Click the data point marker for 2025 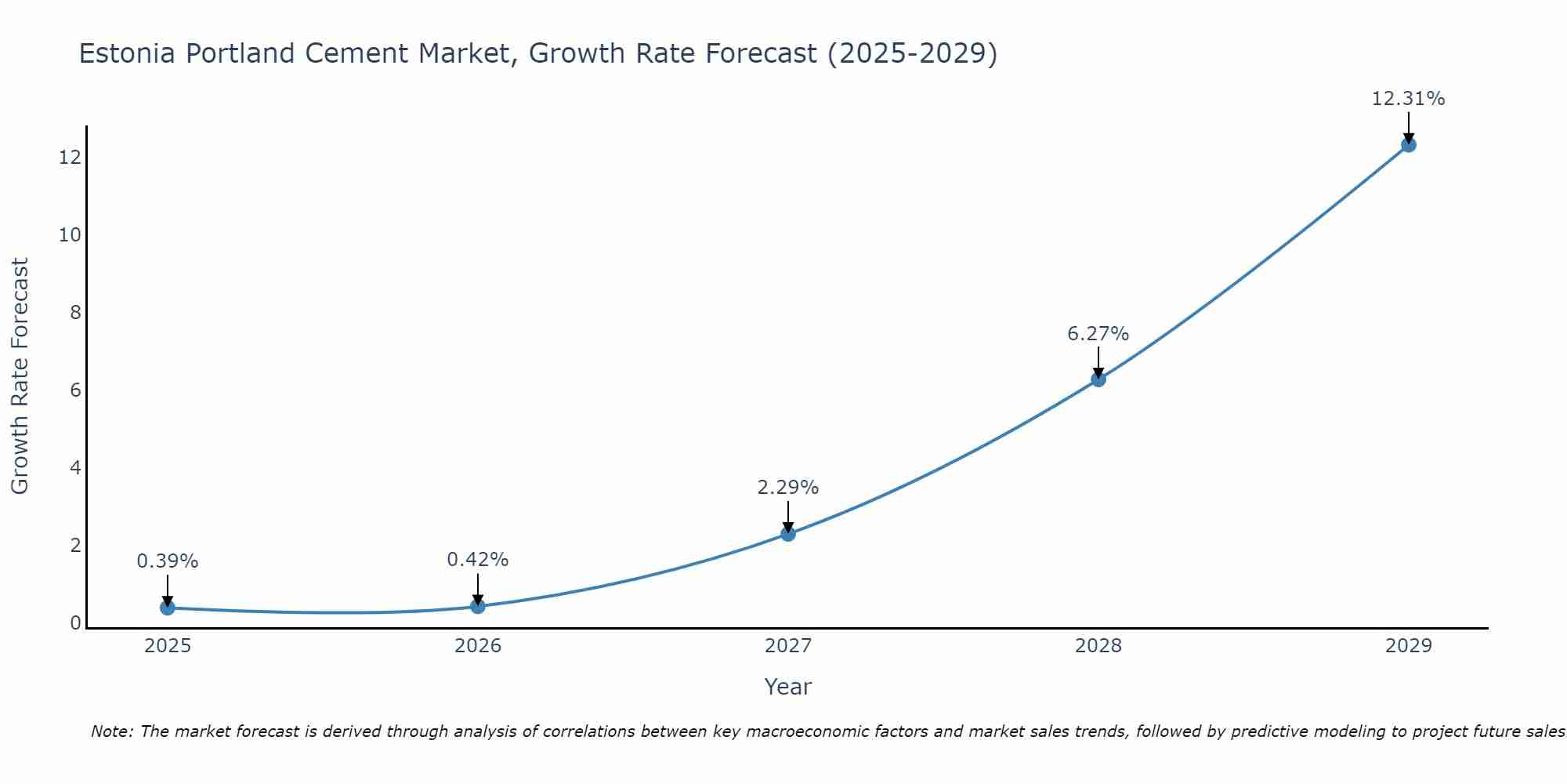(167, 608)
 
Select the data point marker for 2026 (478, 606)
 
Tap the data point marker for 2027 (788, 534)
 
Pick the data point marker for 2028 (1098, 379)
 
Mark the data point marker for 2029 (1409, 145)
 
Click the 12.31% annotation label (1408, 99)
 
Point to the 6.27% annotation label (1098, 334)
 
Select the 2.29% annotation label (787, 488)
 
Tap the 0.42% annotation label (477, 560)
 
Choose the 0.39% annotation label (167, 561)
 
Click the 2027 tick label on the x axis (788, 646)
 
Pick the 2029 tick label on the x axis (1409, 646)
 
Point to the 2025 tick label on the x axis (168, 646)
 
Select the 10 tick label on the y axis (70, 235)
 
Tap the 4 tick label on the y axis (75, 468)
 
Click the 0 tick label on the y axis (75, 623)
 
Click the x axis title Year (787, 687)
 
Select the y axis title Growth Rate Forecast (20, 376)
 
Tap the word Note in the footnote (111, 731)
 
